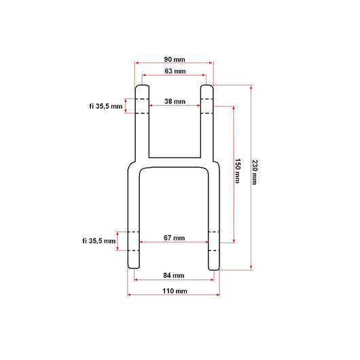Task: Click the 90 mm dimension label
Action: [x=175, y=58]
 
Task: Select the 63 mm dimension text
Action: [x=175, y=71]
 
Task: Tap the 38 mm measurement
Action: [x=175, y=101]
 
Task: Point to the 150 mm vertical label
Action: [x=238, y=171]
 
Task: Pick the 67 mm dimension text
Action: [x=175, y=238]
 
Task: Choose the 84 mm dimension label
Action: [x=175, y=275]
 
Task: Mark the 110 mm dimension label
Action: [x=175, y=291]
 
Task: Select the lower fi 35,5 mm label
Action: [x=99, y=240]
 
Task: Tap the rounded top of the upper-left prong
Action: [x=142, y=86]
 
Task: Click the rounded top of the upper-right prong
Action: [x=206, y=86]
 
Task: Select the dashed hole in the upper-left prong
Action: [x=142, y=106]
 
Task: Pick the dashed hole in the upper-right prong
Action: [x=206, y=106]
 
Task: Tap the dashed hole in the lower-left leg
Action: [x=134, y=241]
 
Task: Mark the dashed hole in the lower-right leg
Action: [x=213, y=241]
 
